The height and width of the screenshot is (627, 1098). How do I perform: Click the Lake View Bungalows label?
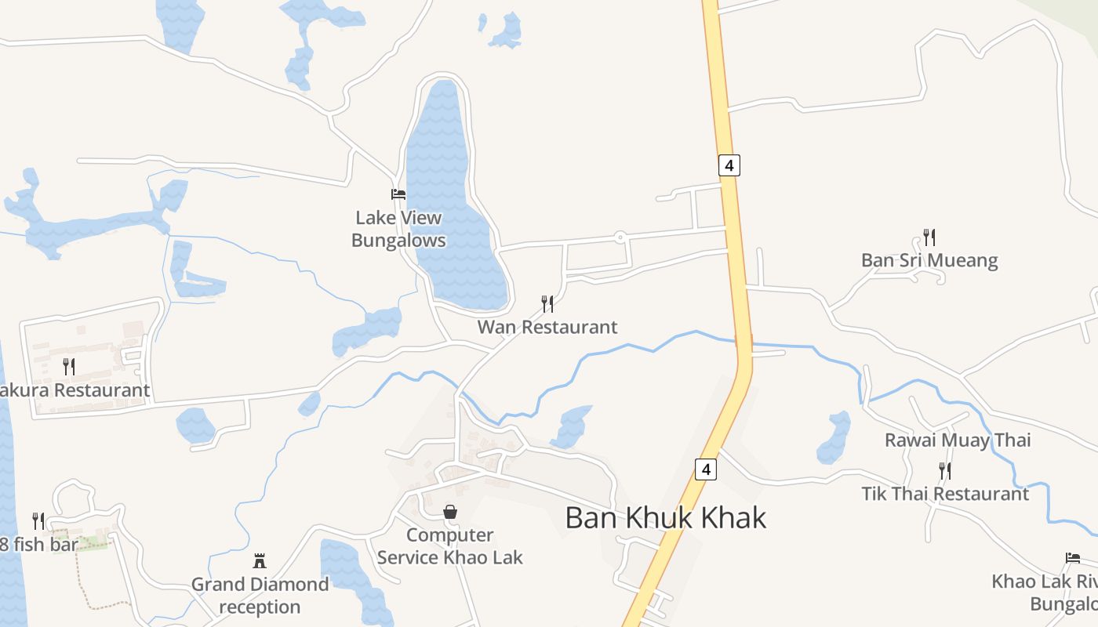click(398, 229)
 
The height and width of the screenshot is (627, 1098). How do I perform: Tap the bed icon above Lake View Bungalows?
click(398, 194)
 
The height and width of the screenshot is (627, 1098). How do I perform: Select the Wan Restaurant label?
click(547, 327)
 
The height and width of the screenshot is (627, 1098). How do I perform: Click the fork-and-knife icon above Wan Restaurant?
click(547, 304)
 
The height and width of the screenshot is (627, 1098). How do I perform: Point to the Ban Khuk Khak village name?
click(665, 518)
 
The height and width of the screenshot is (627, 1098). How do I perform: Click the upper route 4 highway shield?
click(729, 165)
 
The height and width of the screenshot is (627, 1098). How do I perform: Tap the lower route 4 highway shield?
click(706, 469)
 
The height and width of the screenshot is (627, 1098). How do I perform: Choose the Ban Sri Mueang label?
click(929, 260)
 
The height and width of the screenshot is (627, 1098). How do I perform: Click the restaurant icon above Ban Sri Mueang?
click(929, 237)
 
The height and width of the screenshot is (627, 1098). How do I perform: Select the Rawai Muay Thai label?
click(958, 440)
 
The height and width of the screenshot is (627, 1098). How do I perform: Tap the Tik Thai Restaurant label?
click(945, 494)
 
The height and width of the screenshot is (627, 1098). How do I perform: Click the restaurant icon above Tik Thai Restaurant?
click(945, 471)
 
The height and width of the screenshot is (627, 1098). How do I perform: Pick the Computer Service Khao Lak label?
click(449, 546)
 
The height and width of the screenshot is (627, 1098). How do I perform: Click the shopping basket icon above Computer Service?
click(450, 513)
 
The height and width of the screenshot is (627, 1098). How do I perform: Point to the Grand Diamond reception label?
click(260, 596)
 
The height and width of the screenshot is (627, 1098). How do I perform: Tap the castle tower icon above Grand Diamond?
click(260, 561)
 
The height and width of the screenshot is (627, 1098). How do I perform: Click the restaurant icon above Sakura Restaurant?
click(69, 366)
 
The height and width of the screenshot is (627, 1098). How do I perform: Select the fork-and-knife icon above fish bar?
click(38, 520)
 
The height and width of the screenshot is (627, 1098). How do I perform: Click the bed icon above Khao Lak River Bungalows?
click(1073, 558)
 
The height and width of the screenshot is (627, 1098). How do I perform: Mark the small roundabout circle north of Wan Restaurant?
click(620, 236)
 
